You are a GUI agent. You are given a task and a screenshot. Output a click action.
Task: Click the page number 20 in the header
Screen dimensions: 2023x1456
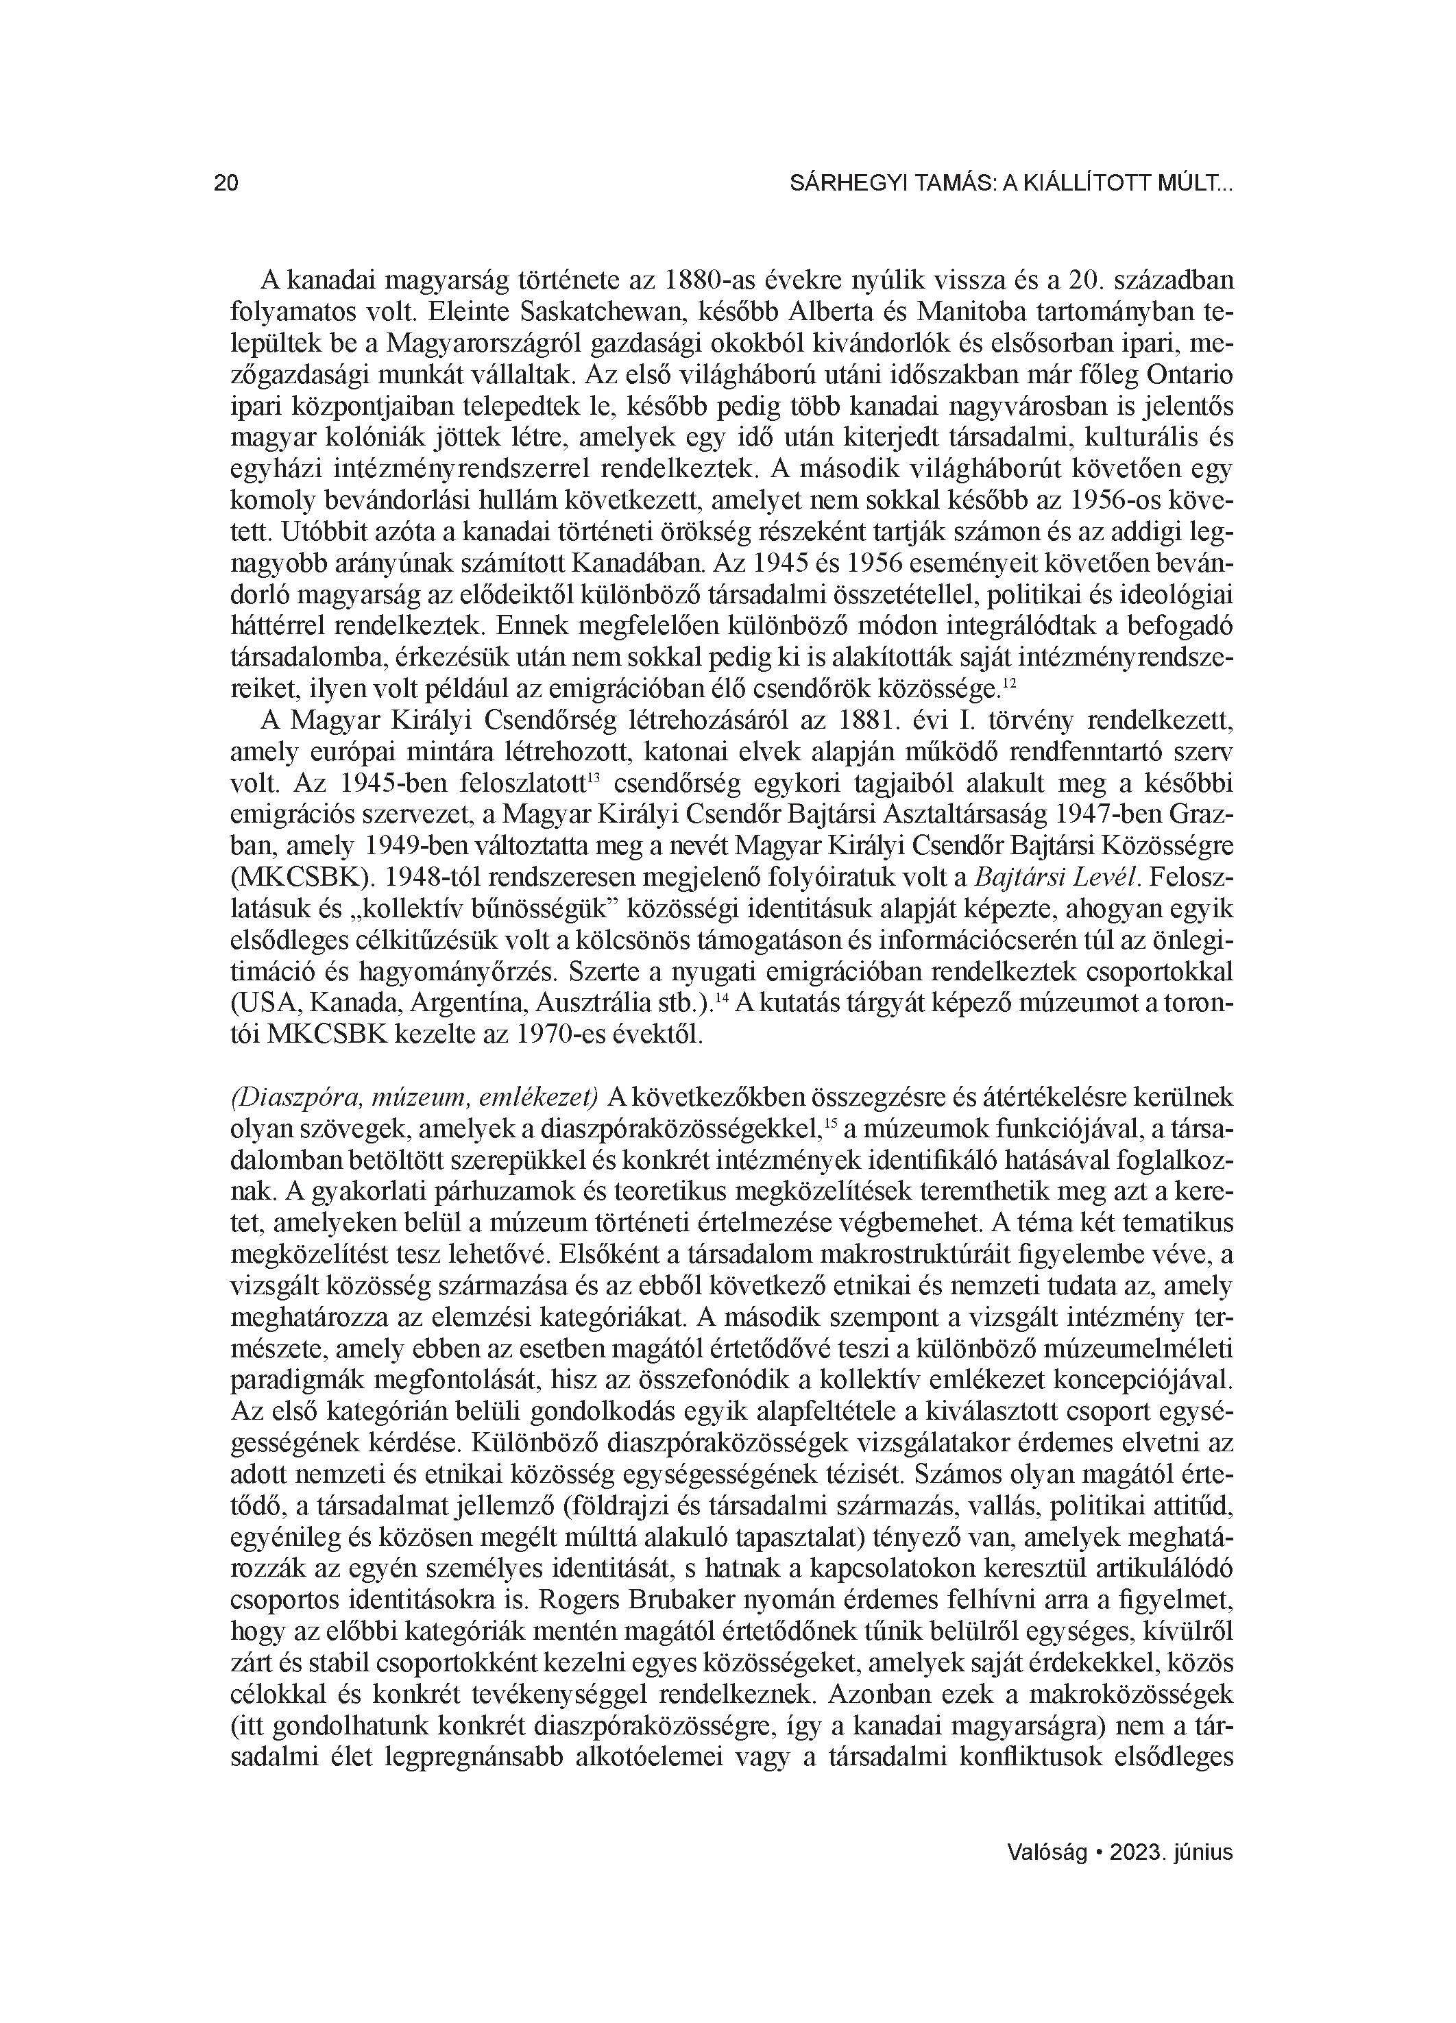(x=226, y=184)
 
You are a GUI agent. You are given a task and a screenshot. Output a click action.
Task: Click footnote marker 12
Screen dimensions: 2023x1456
(x=1007, y=683)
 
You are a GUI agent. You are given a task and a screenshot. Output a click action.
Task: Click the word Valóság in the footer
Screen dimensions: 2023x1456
(x=1047, y=1852)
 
